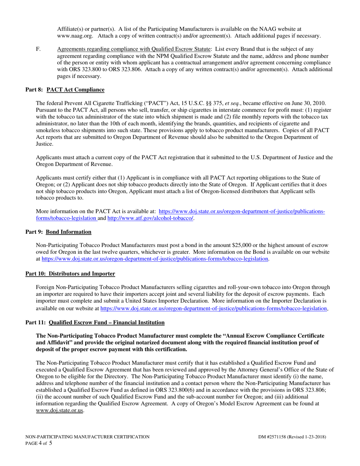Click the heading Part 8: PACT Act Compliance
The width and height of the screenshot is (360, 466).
(x=65, y=90)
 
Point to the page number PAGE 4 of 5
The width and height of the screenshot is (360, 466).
(x=39, y=443)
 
